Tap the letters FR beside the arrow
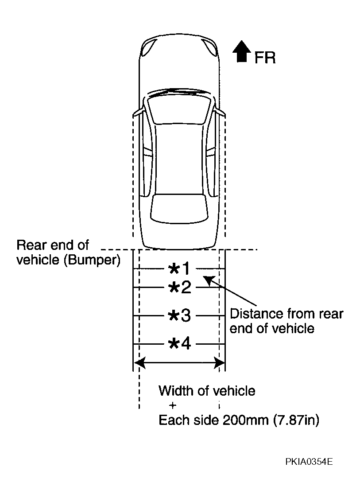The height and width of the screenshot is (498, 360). (x=265, y=58)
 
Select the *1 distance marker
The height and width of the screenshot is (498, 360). (x=179, y=269)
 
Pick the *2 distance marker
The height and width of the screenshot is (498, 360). (x=180, y=288)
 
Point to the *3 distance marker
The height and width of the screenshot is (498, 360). (x=180, y=316)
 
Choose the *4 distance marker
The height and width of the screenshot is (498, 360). (x=180, y=344)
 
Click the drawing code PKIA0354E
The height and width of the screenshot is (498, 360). (x=309, y=462)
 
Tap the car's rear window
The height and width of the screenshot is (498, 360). (x=179, y=209)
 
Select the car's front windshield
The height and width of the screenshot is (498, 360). (x=179, y=109)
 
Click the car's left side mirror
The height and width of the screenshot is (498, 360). (x=138, y=113)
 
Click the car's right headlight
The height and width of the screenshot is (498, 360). (x=210, y=48)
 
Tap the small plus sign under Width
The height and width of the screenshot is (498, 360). (x=173, y=405)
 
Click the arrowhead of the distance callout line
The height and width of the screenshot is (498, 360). (x=208, y=280)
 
